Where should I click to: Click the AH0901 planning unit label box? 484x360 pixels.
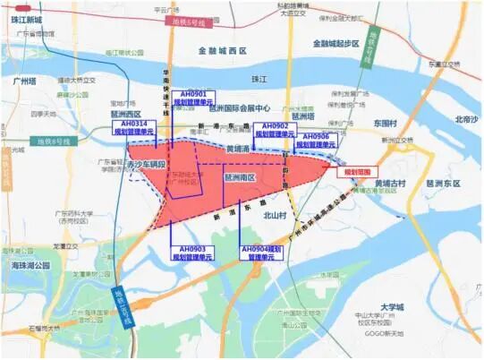tap(194, 98)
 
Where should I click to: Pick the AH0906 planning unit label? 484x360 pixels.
tap(315, 140)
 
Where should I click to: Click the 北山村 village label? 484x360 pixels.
tap(274, 215)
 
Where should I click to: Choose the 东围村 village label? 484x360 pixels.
tap(386, 123)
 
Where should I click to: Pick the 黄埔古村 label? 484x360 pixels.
tap(389, 184)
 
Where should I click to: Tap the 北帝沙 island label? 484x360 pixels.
tap(466, 119)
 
